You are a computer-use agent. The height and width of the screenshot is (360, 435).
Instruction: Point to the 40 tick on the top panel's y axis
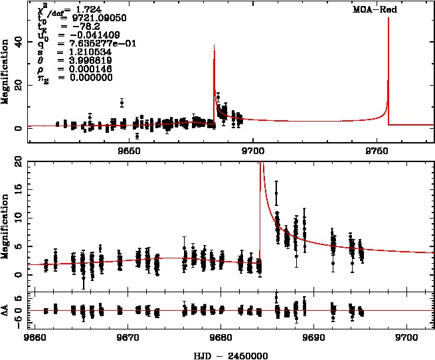pyautogui.click(x=19, y=41)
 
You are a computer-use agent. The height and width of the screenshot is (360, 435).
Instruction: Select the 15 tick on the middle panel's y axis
pyautogui.click(x=19, y=190)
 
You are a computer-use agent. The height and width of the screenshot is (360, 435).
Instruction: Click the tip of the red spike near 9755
pyautogui.click(x=388, y=19)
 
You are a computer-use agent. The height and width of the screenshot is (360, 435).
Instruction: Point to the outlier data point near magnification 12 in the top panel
pyautogui.click(x=122, y=102)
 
